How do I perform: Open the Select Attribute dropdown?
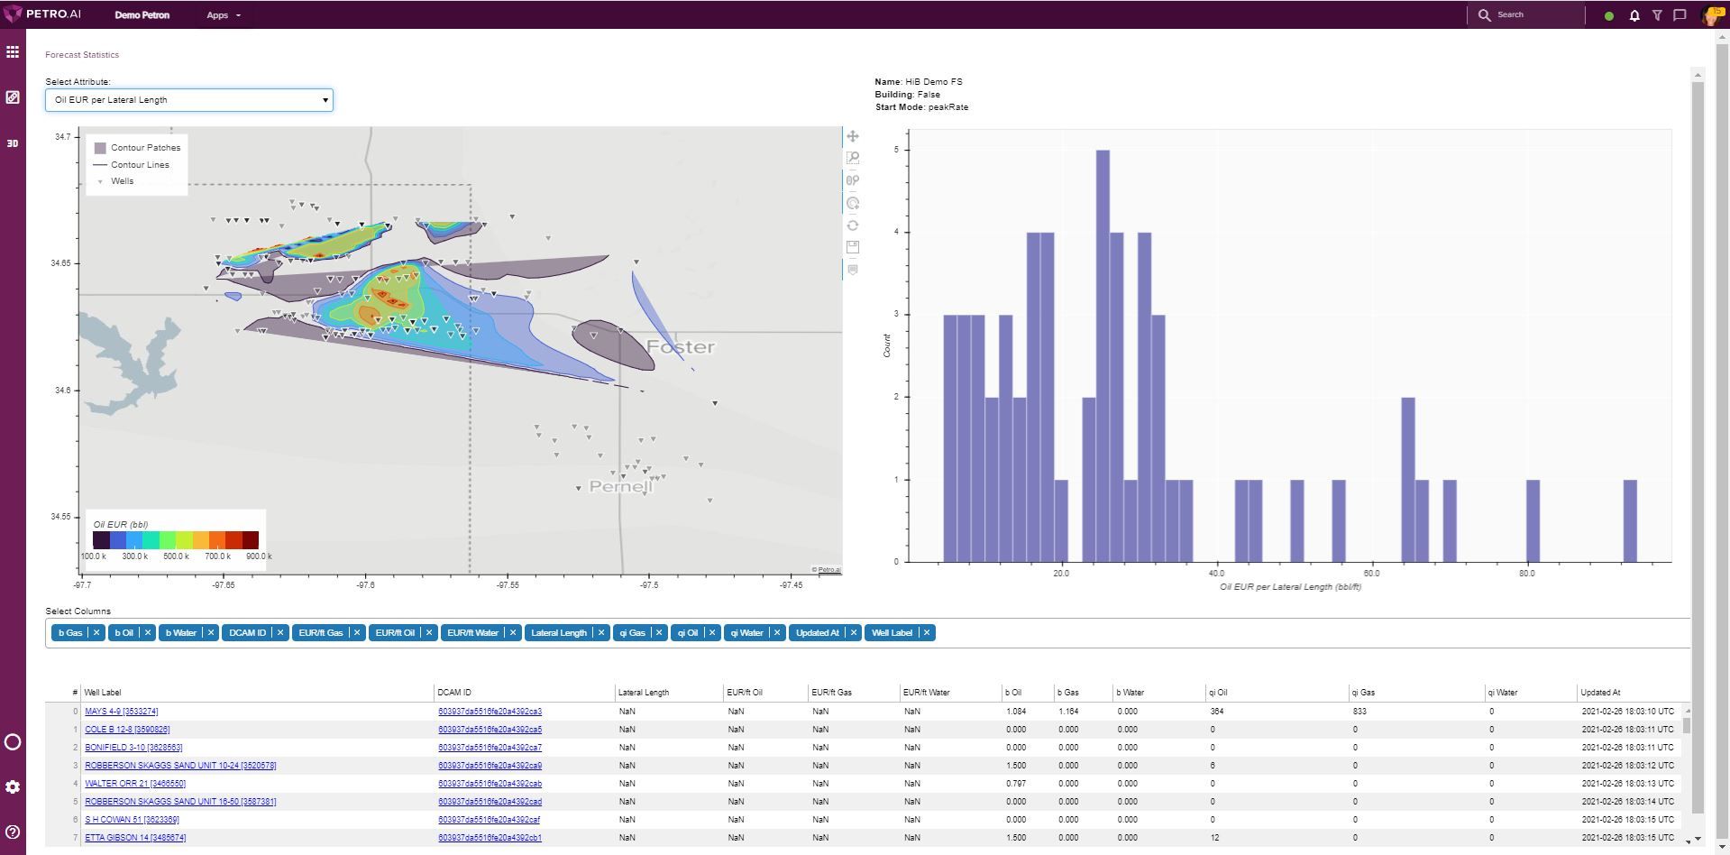point(188,100)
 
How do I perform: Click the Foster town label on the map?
point(681,347)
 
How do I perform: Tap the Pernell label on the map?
point(620,487)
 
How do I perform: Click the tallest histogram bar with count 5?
point(1103,355)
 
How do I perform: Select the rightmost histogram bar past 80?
point(1630,520)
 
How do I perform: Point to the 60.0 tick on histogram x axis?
point(1371,573)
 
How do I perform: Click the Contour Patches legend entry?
point(144,148)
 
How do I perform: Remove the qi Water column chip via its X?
point(777,633)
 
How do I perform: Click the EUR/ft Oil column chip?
point(395,633)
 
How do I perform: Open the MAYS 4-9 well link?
point(121,712)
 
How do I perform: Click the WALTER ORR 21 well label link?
point(135,784)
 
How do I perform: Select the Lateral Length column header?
point(644,693)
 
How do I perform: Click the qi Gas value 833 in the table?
point(1359,712)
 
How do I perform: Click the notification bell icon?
point(1634,15)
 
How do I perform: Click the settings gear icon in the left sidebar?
point(13,786)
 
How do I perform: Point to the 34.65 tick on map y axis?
point(60,263)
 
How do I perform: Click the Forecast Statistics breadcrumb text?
point(82,55)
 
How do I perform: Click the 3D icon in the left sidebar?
point(13,143)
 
